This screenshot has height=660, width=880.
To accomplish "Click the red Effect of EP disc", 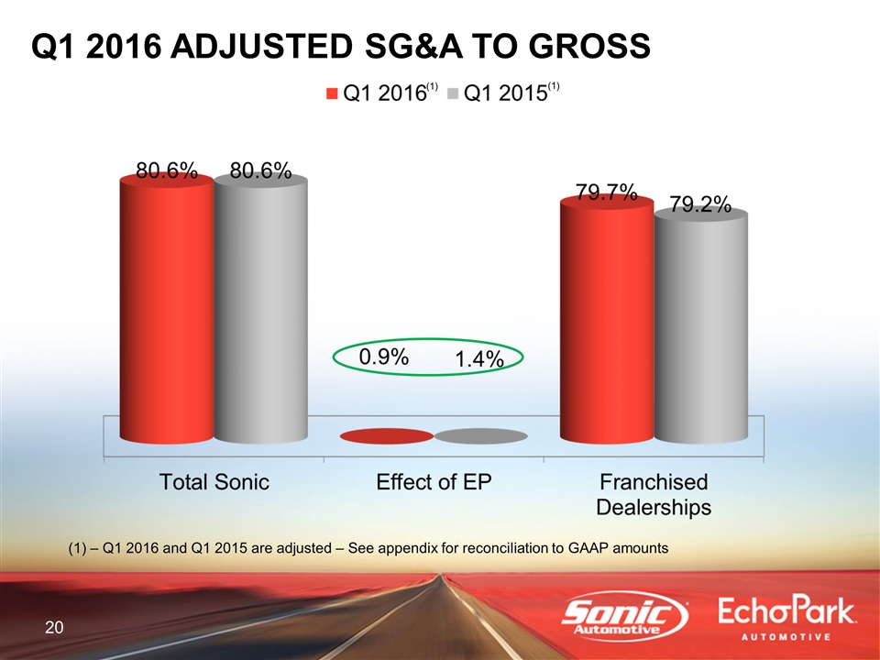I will click(x=386, y=436).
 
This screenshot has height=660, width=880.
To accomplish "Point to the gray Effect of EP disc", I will click(x=480, y=436).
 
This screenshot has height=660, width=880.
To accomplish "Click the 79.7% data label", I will click(x=606, y=192).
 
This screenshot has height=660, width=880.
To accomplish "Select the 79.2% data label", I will click(x=700, y=203).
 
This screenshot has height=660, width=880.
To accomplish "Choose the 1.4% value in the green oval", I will click(x=479, y=361).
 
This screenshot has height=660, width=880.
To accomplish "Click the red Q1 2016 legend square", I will click(x=332, y=93).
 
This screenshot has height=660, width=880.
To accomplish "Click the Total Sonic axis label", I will click(x=214, y=482).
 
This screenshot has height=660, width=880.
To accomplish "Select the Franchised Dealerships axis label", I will click(x=654, y=494).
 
